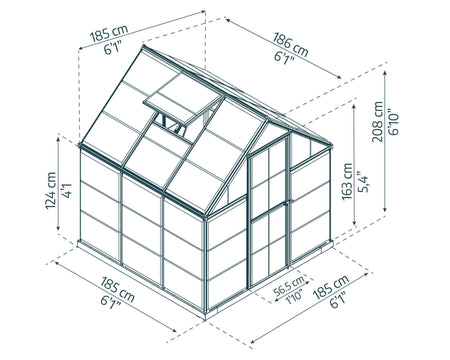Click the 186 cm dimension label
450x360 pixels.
291,45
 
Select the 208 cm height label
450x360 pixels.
378,122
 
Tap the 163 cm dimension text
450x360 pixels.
348,182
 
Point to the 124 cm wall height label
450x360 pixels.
51,191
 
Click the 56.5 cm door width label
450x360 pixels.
289,286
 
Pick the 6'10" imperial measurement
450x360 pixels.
394,122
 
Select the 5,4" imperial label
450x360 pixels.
363,182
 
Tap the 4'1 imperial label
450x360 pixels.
67,191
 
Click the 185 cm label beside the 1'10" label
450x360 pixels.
331,287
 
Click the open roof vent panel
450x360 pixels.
183,99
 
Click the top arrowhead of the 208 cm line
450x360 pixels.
385,73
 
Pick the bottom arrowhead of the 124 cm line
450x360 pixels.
58,227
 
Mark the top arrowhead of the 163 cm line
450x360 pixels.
354,106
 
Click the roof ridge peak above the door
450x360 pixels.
268,119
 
